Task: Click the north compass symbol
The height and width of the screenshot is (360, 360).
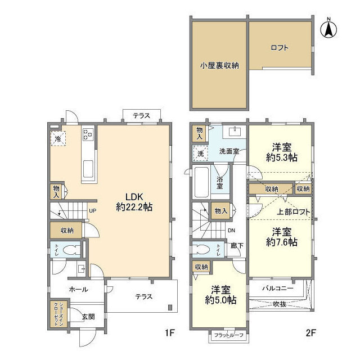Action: pos(328,29)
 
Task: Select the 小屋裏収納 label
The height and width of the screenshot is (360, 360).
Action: pos(219,65)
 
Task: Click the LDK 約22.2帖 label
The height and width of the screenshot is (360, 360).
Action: pos(134,201)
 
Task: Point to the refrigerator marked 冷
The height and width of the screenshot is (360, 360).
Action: pos(58,138)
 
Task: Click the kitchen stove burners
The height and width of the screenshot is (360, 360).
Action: pos(88,135)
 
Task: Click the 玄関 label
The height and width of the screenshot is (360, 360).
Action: pos(88,316)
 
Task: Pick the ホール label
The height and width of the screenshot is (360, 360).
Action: pos(78,289)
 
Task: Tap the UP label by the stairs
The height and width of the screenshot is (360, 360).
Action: pos(92,211)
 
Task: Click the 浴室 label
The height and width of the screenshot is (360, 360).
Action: pos(219,182)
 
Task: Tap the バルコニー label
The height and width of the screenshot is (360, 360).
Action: pos(278,288)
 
